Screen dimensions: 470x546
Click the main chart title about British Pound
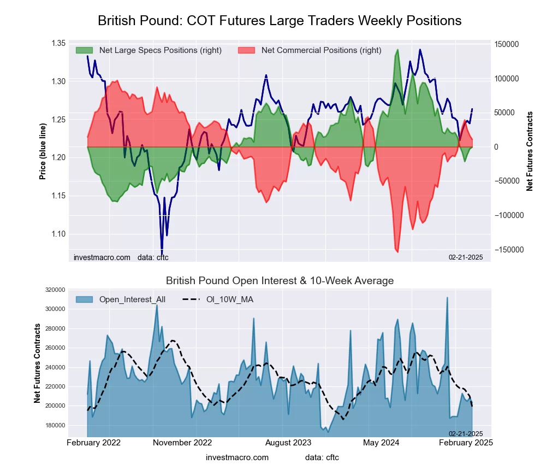[280, 21]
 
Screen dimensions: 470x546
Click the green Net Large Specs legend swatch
[85, 50]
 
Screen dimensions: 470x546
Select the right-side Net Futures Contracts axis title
[529, 151]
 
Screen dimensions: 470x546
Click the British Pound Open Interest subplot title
[280, 281]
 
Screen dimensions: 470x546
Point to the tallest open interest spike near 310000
[447, 298]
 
